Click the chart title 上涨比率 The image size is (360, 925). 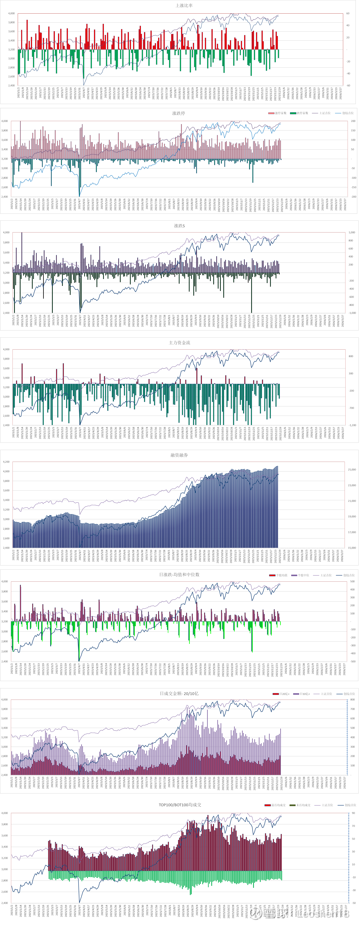(184, 5)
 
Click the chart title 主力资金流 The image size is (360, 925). (179, 343)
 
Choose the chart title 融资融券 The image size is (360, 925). (179, 455)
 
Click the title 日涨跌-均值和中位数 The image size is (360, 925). (179, 574)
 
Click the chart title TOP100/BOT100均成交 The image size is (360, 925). (180, 805)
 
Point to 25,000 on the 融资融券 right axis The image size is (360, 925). (352, 469)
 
